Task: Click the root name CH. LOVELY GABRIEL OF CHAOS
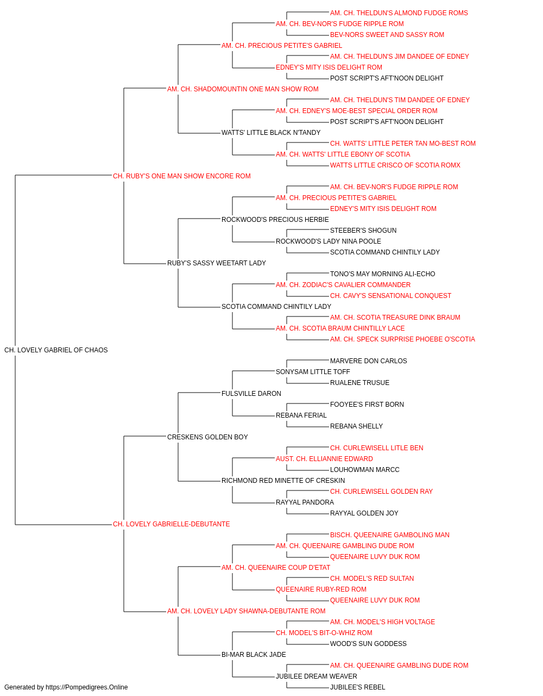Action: (56, 350)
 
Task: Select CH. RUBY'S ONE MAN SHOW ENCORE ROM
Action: (182, 176)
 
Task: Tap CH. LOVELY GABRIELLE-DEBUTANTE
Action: (172, 524)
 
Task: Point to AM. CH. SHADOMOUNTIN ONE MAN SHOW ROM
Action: (243, 89)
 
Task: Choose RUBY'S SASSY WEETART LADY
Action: (217, 263)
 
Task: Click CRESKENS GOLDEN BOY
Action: (207, 437)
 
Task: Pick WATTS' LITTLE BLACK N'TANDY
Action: (271, 133)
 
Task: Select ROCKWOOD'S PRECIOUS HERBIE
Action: (275, 219)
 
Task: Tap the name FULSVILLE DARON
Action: (251, 393)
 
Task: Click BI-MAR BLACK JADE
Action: (254, 654)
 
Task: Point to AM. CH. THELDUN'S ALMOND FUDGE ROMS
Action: (399, 13)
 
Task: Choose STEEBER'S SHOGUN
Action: (363, 231)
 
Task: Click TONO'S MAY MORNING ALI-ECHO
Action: (382, 274)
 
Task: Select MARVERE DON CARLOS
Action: (368, 361)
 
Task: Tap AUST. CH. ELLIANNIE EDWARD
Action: (324, 459)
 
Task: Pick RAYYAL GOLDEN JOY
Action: (364, 513)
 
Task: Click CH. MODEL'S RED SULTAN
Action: (372, 579)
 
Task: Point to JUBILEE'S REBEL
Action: (357, 687)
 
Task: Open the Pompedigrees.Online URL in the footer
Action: (87, 687)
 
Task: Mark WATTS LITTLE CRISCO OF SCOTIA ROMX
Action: (395, 165)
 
